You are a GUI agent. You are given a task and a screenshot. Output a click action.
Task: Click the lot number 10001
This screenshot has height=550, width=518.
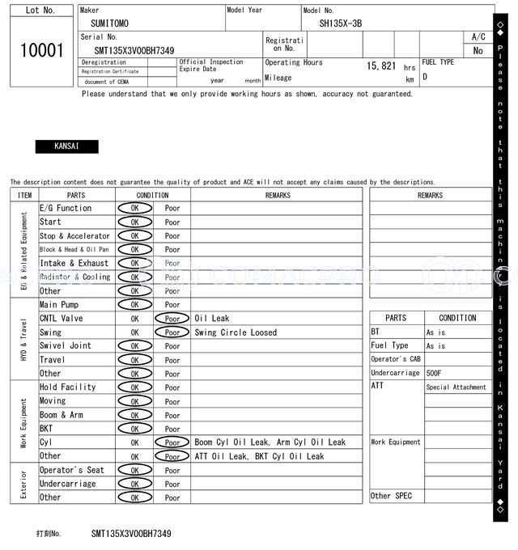[x=41, y=50]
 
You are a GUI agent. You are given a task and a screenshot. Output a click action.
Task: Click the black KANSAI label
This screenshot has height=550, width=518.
[x=66, y=147]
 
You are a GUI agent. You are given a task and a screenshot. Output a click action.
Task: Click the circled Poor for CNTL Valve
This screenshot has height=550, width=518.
[x=172, y=319]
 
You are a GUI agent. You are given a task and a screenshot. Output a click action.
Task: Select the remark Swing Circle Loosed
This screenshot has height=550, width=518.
[x=236, y=332]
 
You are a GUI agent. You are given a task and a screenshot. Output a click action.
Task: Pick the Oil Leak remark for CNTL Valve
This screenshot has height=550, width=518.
[x=212, y=319]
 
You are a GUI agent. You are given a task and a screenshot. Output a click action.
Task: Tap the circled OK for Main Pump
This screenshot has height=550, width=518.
[x=134, y=305]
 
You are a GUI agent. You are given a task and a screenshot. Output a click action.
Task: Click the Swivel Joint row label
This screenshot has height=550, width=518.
[x=66, y=346]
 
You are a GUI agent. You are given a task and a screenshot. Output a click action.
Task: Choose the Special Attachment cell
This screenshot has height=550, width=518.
[x=456, y=387]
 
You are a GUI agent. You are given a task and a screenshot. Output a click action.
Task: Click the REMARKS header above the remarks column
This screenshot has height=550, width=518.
[x=278, y=195]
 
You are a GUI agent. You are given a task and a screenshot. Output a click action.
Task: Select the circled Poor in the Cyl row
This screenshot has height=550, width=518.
[x=172, y=442]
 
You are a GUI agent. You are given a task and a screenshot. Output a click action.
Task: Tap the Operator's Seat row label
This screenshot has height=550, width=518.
[x=72, y=470]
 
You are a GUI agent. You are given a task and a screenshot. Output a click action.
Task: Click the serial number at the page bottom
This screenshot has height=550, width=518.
[x=131, y=534]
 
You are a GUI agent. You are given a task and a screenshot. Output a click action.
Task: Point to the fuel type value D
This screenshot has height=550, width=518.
[x=425, y=78]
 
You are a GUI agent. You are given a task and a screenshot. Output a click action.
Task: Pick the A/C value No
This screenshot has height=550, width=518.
[x=478, y=50]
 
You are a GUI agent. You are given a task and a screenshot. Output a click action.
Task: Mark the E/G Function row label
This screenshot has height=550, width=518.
[x=66, y=209]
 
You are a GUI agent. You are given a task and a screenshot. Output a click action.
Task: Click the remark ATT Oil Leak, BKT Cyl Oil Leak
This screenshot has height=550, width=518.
[x=259, y=456]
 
